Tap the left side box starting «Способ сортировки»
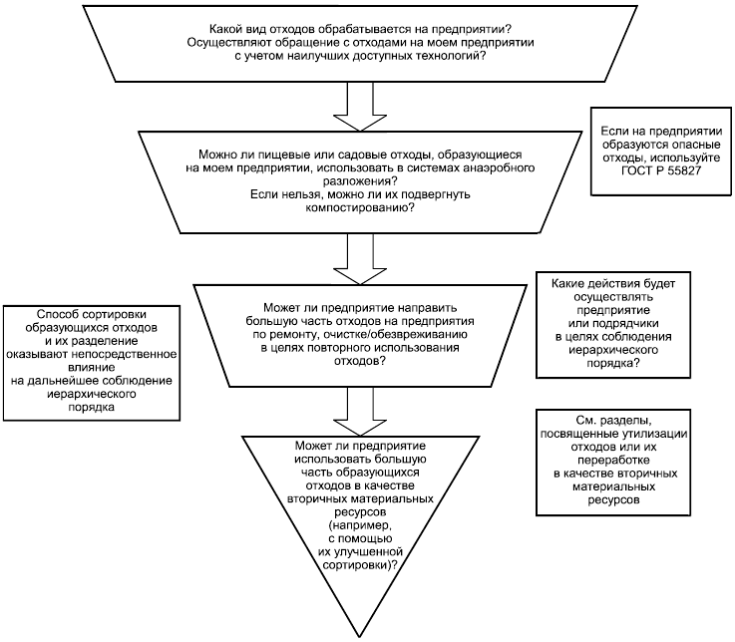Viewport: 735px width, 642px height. (91, 361)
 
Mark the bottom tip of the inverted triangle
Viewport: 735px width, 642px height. (355, 634)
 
